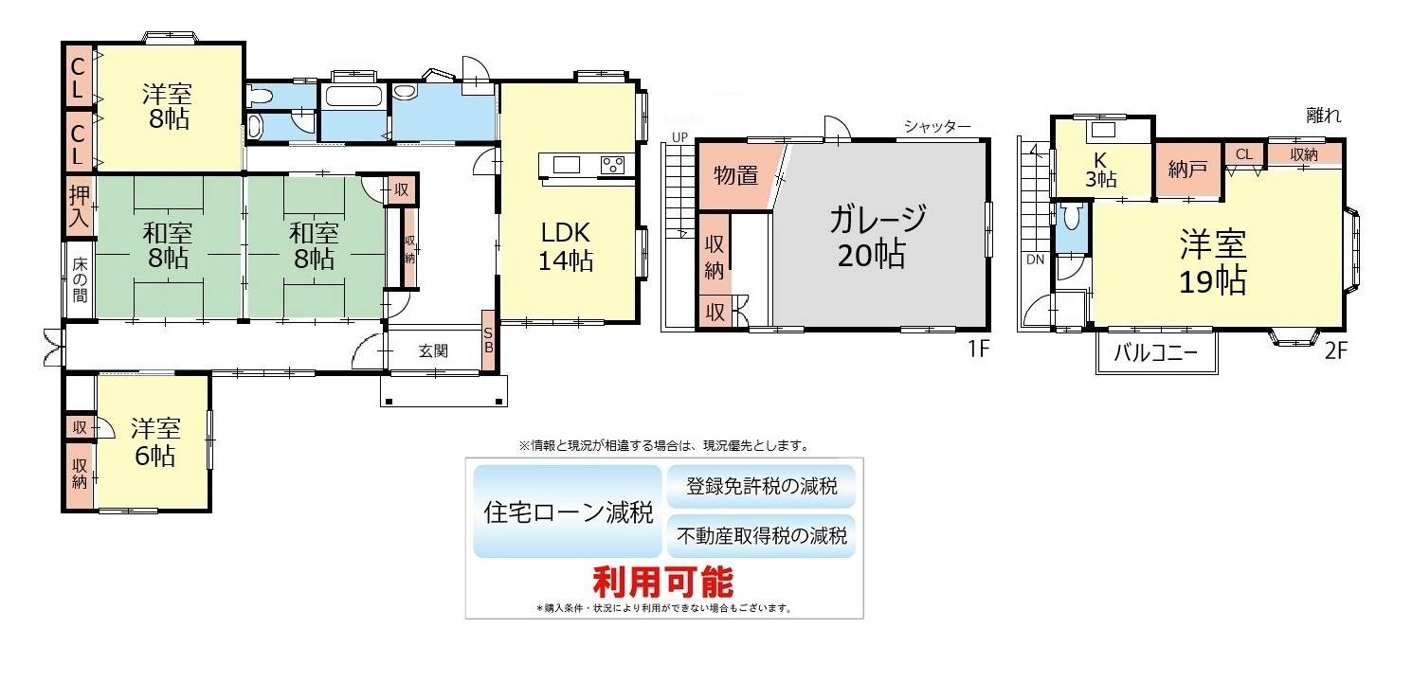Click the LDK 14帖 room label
pos(566,246)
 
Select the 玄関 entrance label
pos(433,351)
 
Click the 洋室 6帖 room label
pos(155,441)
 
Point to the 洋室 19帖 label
pos(1213,262)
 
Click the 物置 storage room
pos(735,175)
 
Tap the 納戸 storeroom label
pos(1187,169)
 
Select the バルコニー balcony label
pos(1155,352)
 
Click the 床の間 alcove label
pos(80,280)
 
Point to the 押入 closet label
pos(80,206)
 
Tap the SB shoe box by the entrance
pos(489,340)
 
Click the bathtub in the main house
pos(351,97)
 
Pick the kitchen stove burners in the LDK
pos(613,165)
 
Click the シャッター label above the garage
pos(937,127)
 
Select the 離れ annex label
pos(1323,116)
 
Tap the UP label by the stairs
pos(679,137)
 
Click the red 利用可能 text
pos(663,582)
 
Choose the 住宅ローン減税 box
pos(568,511)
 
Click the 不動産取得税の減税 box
pos(761,536)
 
